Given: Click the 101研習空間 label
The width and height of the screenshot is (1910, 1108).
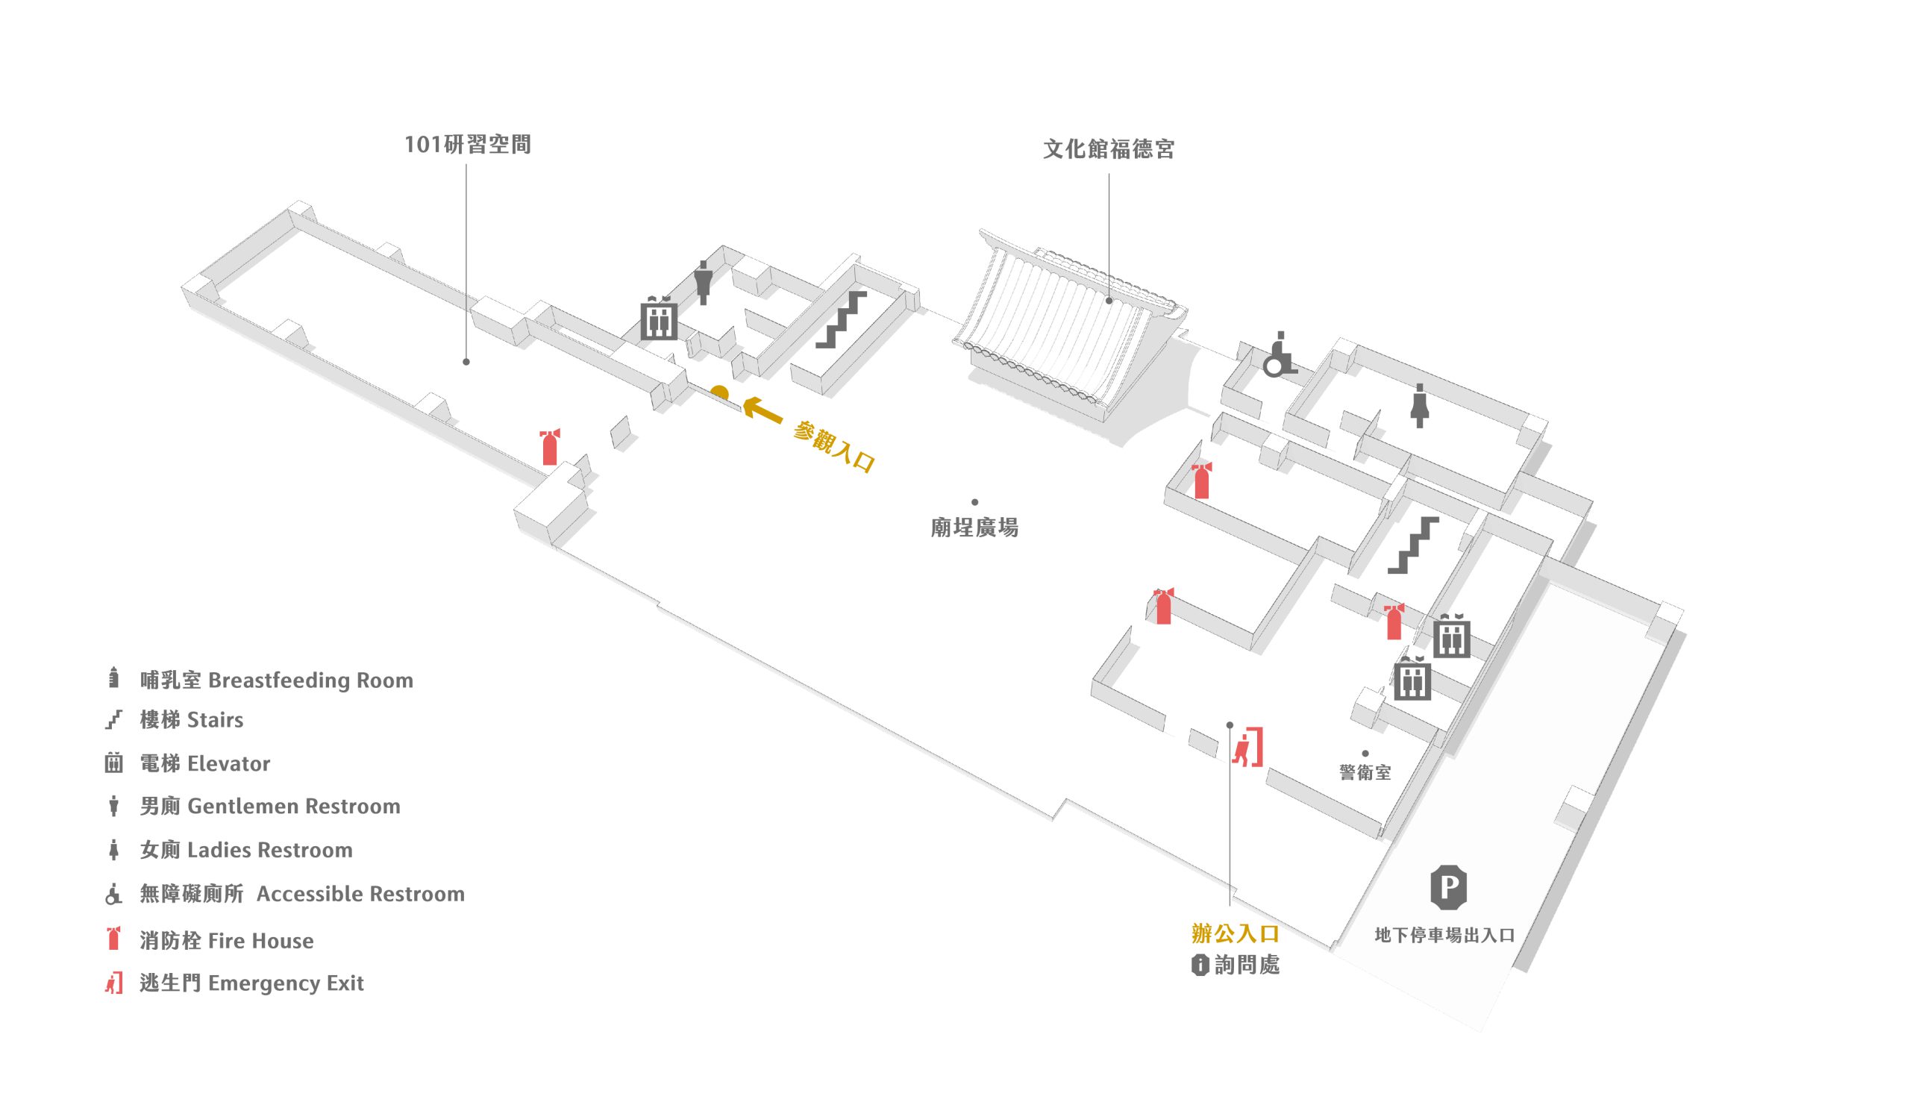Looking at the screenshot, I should tap(467, 144).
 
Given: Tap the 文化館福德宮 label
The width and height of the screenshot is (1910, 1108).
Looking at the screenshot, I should tap(1108, 149).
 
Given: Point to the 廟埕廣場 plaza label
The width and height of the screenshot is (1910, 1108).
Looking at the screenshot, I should tap(974, 528).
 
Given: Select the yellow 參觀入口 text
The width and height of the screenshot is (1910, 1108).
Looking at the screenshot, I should tap(834, 447).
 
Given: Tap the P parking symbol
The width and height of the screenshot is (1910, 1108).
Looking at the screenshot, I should tap(1448, 886).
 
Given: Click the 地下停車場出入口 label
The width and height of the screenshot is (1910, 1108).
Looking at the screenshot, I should tap(1444, 935).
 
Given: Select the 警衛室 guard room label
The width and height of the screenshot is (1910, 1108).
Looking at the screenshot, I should tap(1365, 772).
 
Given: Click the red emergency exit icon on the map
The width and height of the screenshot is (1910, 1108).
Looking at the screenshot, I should tap(1247, 748).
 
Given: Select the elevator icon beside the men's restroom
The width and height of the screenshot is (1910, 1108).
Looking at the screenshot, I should tap(659, 319).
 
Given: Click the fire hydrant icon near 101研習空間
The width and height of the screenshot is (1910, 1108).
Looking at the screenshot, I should tap(551, 447).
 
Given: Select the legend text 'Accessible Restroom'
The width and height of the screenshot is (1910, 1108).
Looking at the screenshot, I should tap(360, 895).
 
